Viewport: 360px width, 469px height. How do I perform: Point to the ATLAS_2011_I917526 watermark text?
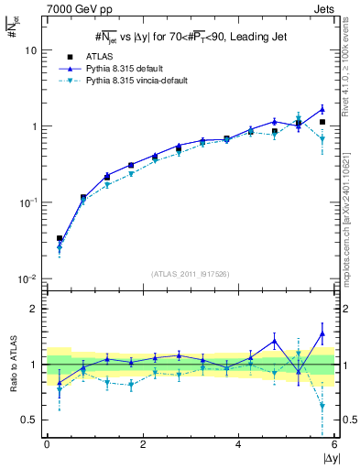click(x=189, y=273)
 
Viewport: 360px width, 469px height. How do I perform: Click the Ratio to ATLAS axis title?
click(x=11, y=364)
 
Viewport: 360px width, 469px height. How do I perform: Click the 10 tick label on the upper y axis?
click(x=31, y=51)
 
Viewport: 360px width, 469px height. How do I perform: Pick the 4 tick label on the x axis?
click(x=238, y=444)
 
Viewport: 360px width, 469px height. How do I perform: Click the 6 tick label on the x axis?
click(x=334, y=444)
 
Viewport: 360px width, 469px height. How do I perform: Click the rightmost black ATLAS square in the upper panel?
click(x=322, y=122)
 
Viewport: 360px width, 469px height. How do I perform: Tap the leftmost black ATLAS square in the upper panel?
click(x=60, y=238)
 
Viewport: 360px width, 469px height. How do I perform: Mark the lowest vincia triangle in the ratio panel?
click(x=322, y=406)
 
